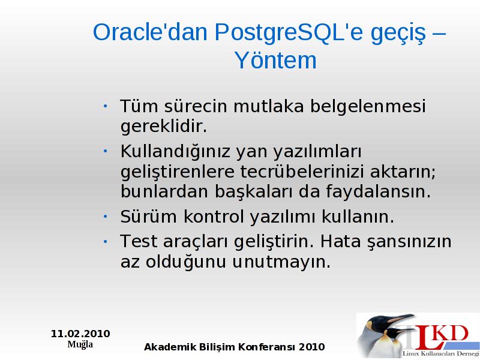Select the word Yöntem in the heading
tap(275, 60)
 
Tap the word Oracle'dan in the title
tap(151, 32)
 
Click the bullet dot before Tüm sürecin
tap(106, 106)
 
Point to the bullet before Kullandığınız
tap(106, 151)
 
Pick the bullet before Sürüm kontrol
tap(106, 217)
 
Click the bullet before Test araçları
tap(106, 242)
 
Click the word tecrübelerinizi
tap(302, 172)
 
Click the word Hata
tap(340, 242)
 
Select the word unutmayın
tap(281, 262)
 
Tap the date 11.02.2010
tap(80, 334)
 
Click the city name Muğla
tap(80, 344)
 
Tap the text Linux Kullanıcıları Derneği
tap(440, 353)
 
